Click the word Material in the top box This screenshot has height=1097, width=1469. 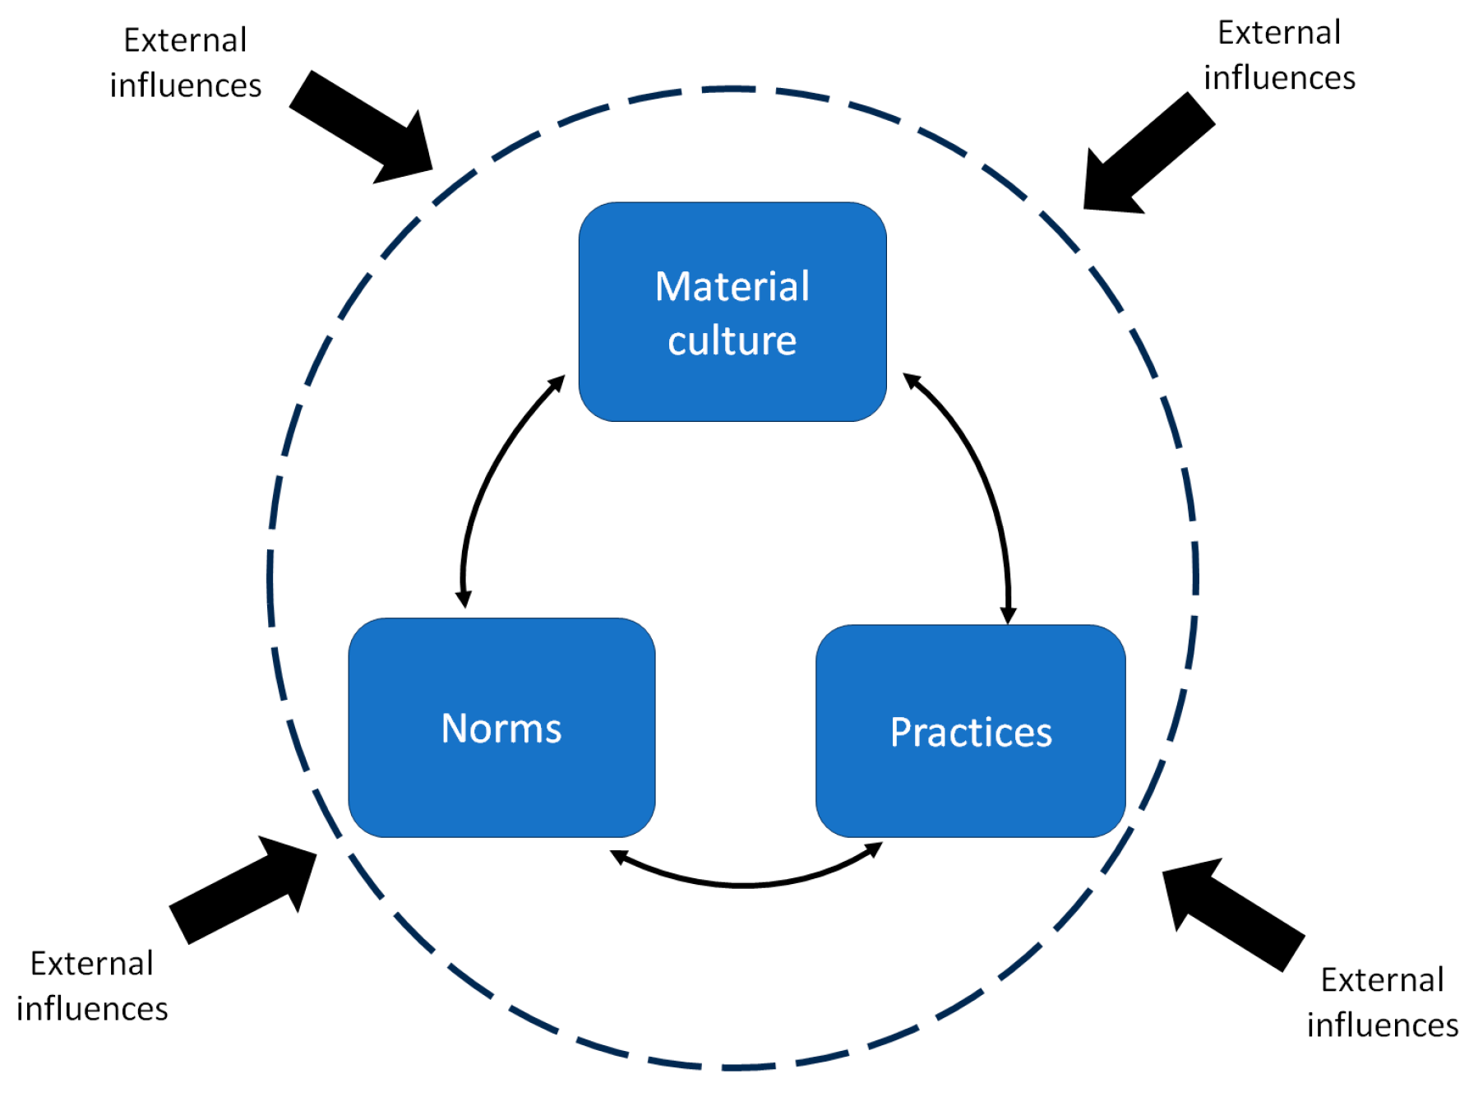tap(732, 287)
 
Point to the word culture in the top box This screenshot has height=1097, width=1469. tap(732, 340)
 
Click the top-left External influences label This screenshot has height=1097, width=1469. tap(186, 62)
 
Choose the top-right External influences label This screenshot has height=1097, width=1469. tap(1279, 55)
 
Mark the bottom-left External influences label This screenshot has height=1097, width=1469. tap(92, 986)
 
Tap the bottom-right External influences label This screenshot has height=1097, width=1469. tap(1382, 1002)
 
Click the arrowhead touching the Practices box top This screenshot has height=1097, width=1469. tap(1008, 615)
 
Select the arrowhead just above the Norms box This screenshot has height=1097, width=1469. tap(464, 598)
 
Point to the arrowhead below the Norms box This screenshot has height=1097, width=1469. tap(619, 857)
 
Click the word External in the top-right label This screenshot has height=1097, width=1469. tap(1279, 33)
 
